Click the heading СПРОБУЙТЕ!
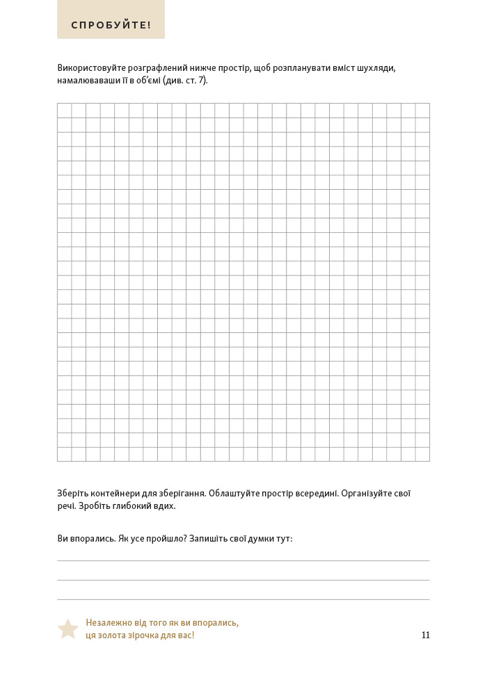point(111,26)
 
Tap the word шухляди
point(377,68)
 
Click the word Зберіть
point(72,493)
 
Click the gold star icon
point(67,629)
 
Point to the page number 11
point(425,635)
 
